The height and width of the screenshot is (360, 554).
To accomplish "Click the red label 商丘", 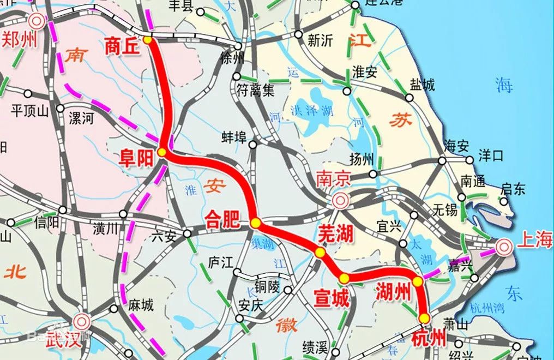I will pyautogui.click(x=123, y=47).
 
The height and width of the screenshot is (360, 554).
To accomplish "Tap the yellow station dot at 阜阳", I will pyautogui.click(x=162, y=153).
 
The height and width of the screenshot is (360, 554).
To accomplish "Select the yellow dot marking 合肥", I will pyautogui.click(x=255, y=223).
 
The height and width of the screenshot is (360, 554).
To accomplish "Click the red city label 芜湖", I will pyautogui.click(x=335, y=233).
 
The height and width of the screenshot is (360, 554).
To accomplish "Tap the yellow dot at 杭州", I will pyautogui.click(x=424, y=318).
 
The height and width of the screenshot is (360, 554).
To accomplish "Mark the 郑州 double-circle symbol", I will pyautogui.click(x=37, y=21).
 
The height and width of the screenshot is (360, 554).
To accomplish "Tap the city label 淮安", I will pyautogui.click(x=365, y=72).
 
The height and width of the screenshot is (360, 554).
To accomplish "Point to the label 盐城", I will pyautogui.click(x=422, y=85).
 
